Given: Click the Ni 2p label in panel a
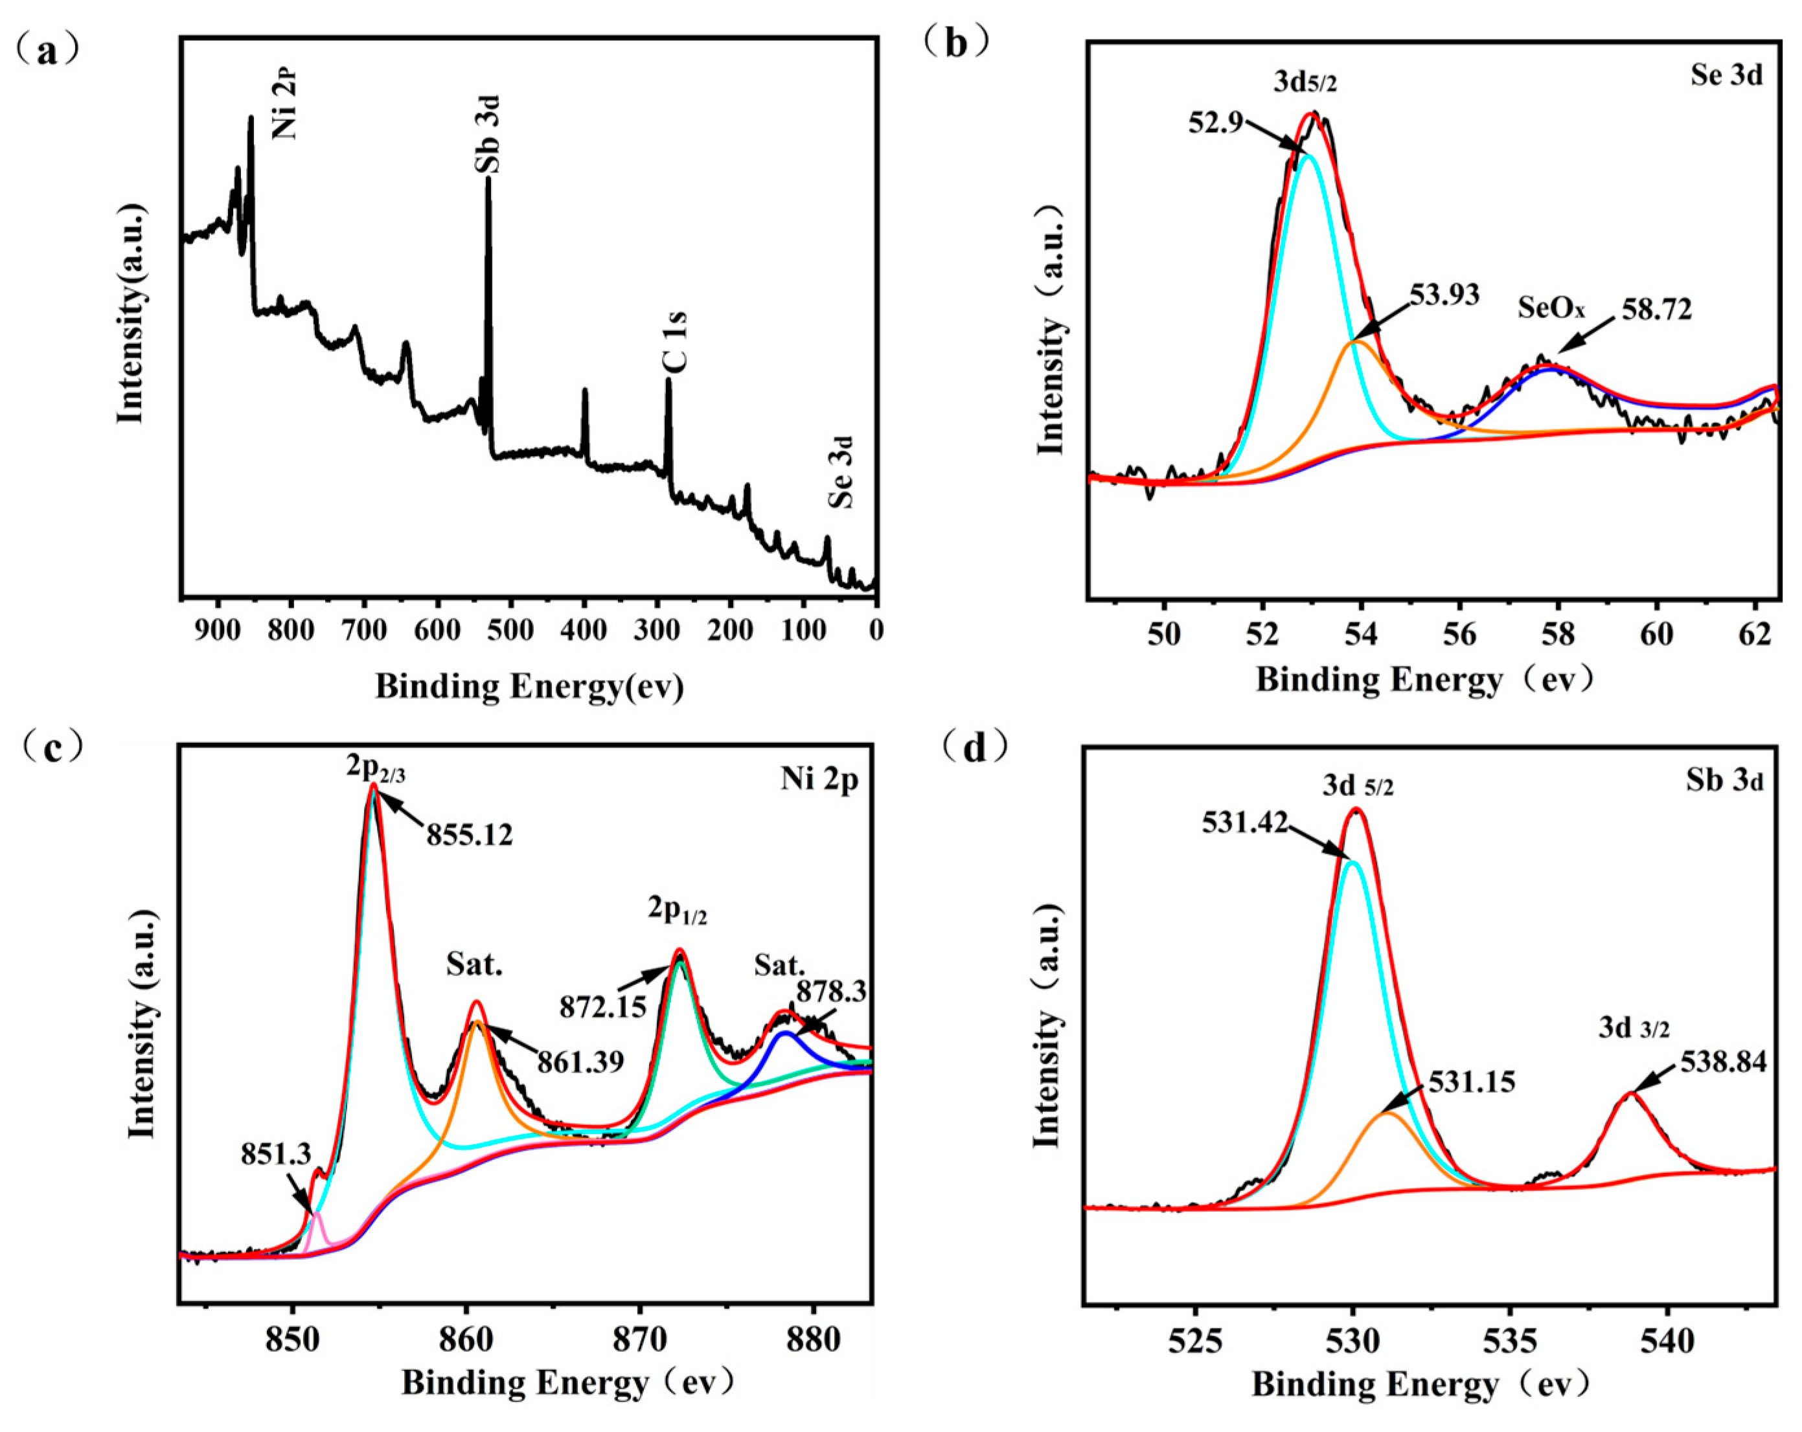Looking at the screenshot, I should pyautogui.click(x=284, y=104).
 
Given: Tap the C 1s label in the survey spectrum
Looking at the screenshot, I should pyautogui.click(x=674, y=341).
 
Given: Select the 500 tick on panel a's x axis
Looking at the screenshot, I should pyautogui.click(x=510, y=630).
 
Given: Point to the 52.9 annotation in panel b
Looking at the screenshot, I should pyautogui.click(x=1215, y=124).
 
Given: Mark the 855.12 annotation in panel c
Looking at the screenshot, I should pyautogui.click(x=470, y=834).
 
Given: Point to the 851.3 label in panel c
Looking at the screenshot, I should pyautogui.click(x=276, y=1154).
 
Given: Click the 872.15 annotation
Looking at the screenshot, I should pyautogui.click(x=602, y=1007).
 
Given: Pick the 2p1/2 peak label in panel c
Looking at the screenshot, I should pyautogui.click(x=677, y=911).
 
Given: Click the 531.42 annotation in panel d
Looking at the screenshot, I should pyautogui.click(x=1244, y=823).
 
